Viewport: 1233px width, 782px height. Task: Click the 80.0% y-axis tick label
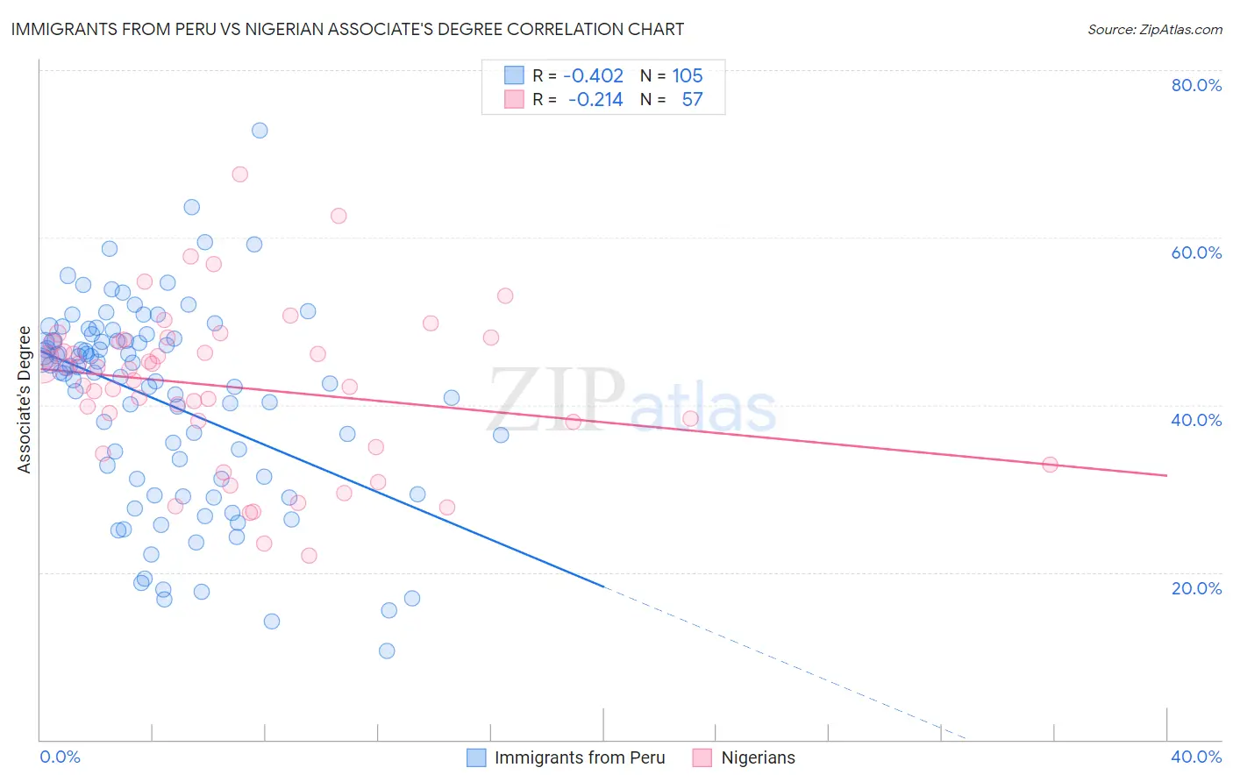coord(1196,85)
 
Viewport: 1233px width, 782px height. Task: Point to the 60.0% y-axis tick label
coord(1196,252)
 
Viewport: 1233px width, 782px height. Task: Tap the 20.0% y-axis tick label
coord(1196,588)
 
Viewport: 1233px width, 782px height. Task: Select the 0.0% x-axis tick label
coord(61,757)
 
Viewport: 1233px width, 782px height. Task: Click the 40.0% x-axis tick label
coord(1196,757)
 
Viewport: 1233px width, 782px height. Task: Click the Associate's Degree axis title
coord(25,400)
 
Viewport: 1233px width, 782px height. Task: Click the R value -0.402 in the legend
coord(593,76)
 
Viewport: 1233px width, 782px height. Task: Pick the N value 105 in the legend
coord(688,76)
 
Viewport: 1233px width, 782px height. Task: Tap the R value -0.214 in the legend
coord(595,100)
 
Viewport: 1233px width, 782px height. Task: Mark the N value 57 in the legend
coord(692,100)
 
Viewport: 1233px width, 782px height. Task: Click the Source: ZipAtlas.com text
coord(1154,30)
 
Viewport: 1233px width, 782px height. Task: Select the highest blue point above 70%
coord(260,131)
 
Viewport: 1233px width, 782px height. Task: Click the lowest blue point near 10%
coord(387,650)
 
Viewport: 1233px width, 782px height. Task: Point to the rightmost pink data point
coord(1050,465)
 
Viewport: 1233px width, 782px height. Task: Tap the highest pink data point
coord(239,174)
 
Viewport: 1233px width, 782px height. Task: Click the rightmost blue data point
coord(501,435)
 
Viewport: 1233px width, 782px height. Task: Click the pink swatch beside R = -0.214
coord(514,100)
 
